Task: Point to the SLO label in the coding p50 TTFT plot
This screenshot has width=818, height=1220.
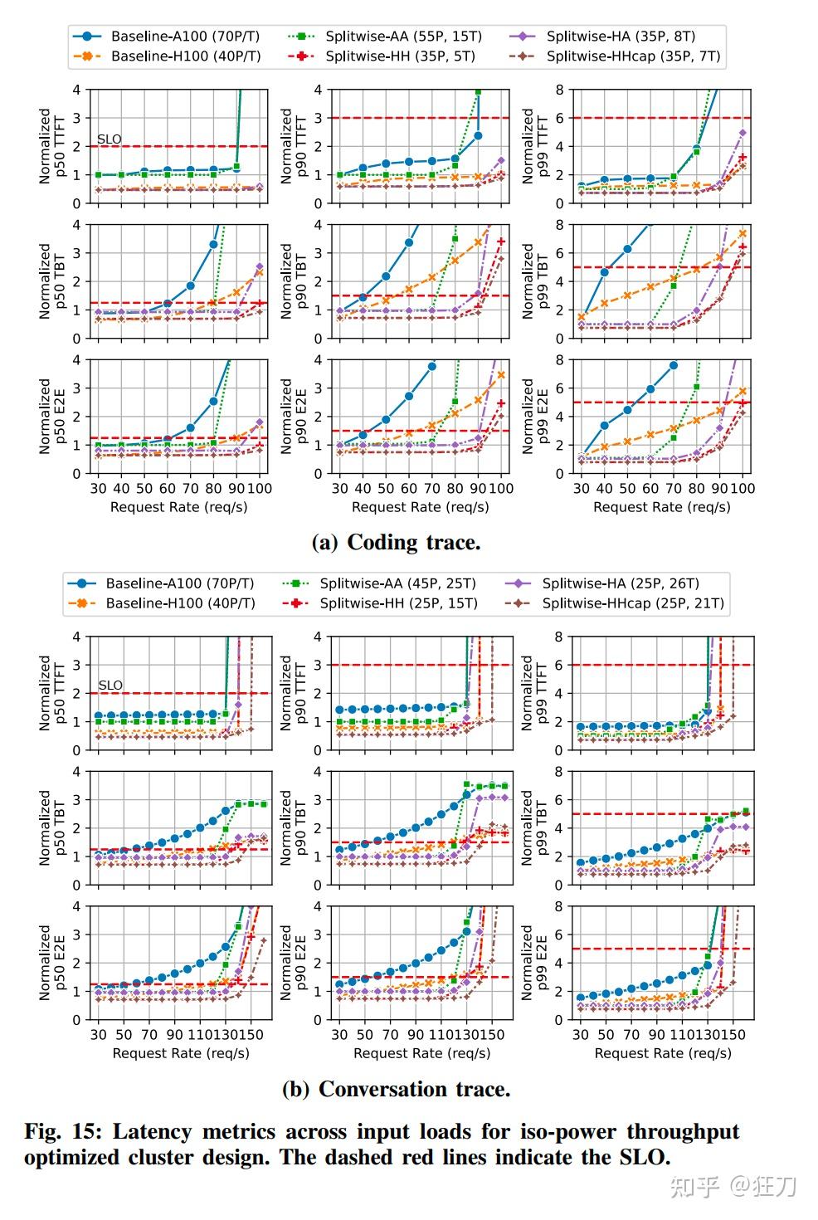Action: pos(110,139)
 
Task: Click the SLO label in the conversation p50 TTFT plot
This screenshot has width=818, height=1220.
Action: pos(110,686)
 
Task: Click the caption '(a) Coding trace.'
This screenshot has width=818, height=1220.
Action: pos(396,543)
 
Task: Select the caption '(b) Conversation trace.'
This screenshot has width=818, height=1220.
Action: pos(396,1089)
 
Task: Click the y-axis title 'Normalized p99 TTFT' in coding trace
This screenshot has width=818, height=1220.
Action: pos(535,146)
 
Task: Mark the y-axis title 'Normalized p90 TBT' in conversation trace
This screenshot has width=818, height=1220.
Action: pos(294,827)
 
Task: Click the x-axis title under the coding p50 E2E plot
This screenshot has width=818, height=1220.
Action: pos(178,507)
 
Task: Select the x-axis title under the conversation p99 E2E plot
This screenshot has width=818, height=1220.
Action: pos(663,1053)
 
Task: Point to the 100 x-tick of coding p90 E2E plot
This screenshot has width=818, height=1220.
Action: pos(501,489)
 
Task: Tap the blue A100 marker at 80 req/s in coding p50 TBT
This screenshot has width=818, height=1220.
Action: pos(213,244)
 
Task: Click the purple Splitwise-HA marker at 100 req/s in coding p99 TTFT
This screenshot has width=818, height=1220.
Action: pos(743,133)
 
